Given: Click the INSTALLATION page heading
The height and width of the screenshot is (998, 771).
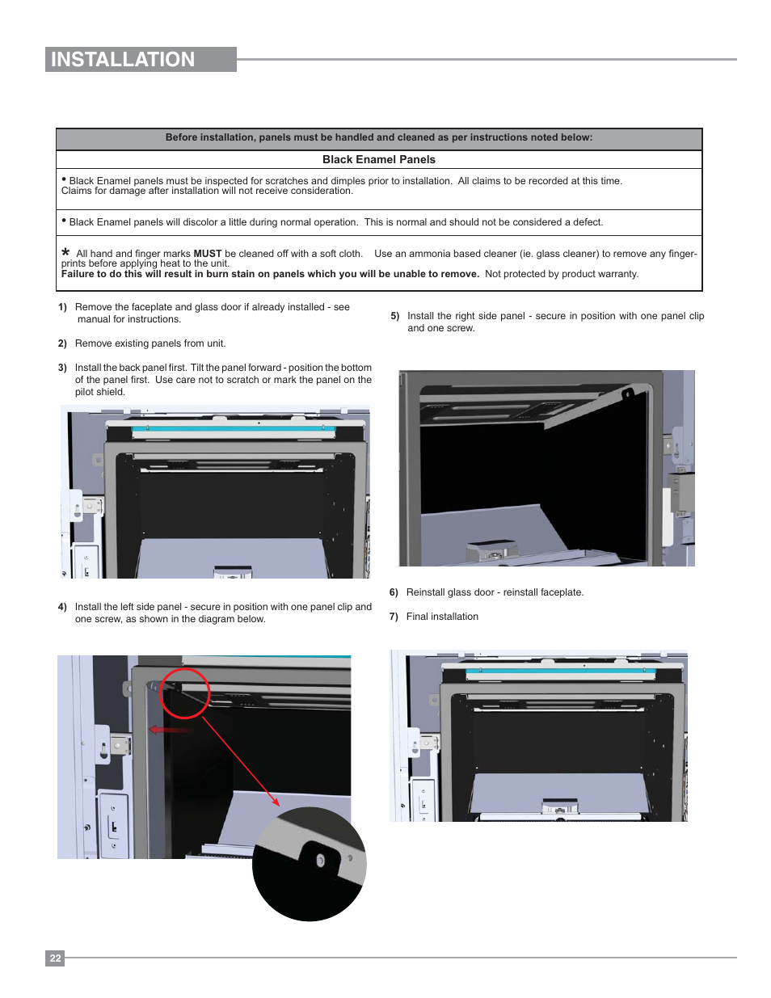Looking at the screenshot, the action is point(123,60).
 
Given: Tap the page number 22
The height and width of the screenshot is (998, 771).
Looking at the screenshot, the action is point(55,958).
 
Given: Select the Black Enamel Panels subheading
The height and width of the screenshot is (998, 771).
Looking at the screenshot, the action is point(378,160).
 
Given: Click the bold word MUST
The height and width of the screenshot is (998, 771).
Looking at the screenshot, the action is point(208,254).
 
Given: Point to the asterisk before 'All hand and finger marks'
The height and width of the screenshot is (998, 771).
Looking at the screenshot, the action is point(65,252).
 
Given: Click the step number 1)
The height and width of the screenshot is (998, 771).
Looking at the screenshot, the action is point(62,307).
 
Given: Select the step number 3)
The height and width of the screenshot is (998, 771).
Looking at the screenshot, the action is point(62,368).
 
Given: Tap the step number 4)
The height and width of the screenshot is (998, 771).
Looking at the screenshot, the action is point(62,607).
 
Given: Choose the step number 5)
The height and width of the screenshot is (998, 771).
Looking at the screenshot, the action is point(395,316).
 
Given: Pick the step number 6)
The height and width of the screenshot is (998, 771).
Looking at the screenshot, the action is point(394,592).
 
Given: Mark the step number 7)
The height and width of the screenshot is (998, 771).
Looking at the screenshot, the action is point(394,617).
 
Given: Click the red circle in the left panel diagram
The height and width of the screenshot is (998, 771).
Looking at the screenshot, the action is point(184,693).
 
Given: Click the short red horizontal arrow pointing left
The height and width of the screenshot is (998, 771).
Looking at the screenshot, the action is point(171,730).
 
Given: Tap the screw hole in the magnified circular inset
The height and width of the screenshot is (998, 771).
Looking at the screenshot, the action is point(320,861).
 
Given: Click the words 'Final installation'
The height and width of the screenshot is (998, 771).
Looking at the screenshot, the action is point(442,617).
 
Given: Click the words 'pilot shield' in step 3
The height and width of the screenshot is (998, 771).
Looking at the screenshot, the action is point(100,392).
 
